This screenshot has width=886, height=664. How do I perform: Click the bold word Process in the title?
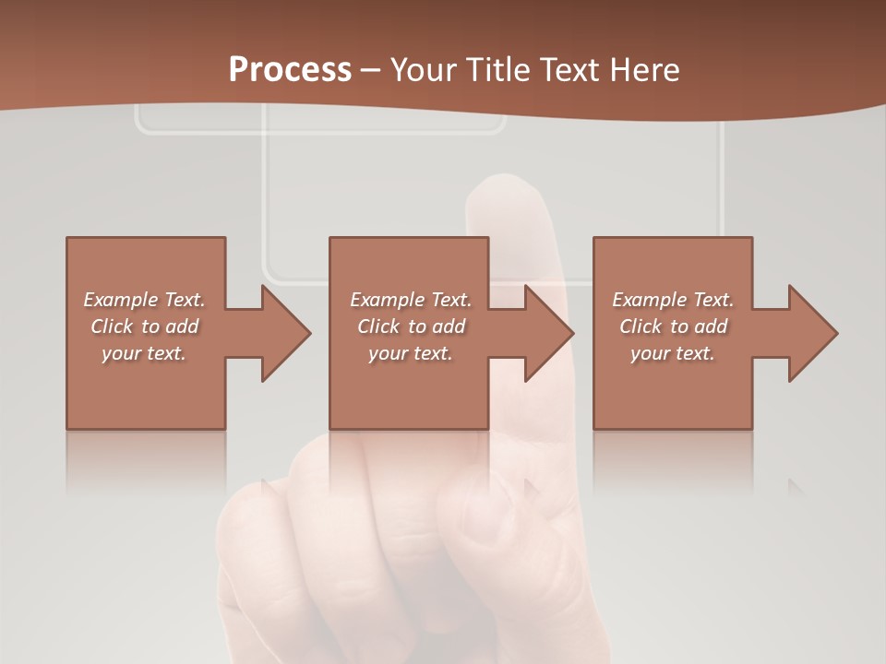coord(290,70)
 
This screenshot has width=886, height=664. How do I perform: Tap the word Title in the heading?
coord(494,70)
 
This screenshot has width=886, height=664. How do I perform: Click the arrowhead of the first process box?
coord(286,333)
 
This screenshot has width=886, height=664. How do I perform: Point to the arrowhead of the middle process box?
coord(549,333)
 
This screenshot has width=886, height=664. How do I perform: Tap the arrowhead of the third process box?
coord(813,333)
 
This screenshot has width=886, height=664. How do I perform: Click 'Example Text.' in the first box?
coord(144,300)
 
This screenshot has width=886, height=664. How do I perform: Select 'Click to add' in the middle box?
coord(411,326)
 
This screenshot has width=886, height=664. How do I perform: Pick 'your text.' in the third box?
coord(673,353)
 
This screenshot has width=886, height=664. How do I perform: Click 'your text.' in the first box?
coord(144,353)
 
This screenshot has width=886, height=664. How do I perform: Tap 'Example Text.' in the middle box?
coord(411,300)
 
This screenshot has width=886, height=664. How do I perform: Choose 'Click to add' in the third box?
coord(673,326)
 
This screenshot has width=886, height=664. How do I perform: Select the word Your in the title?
coord(422,70)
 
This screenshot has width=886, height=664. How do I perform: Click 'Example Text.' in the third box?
coord(673,300)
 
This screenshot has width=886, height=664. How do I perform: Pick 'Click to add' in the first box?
coord(144,326)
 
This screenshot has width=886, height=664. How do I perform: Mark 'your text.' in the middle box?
coord(411,353)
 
